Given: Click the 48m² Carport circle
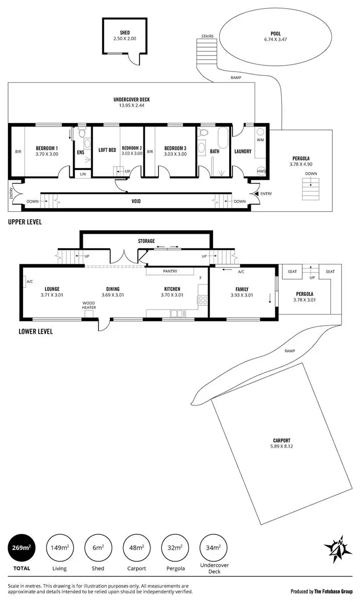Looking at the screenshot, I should pyautogui.click(x=137, y=548).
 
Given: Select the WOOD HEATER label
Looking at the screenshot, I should pyautogui.click(x=89, y=306).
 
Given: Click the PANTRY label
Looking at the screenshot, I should pyautogui.click(x=170, y=271).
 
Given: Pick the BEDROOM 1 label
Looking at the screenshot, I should pyautogui.click(x=47, y=148).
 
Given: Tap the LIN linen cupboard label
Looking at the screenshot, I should pyautogui.click(x=83, y=174).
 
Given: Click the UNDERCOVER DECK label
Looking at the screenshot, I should pyautogui.click(x=131, y=99).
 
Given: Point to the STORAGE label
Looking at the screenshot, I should pyautogui.click(x=146, y=241).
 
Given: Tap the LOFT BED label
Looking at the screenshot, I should pyautogui.click(x=107, y=149).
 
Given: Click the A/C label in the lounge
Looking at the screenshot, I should pyautogui.click(x=30, y=281).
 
